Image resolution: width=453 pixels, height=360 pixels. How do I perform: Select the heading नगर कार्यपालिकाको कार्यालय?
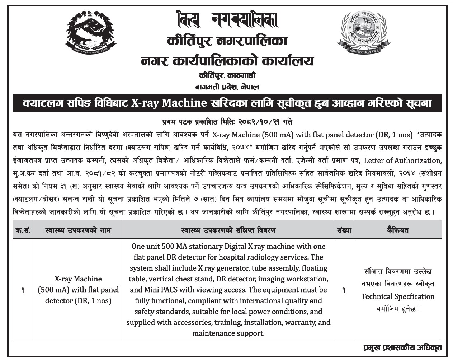pyautogui.click(x=227, y=61)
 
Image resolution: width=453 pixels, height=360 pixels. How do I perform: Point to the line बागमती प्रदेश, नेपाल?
pyautogui.click(x=227, y=87)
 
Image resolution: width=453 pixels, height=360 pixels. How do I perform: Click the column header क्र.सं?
pyautogui.click(x=23, y=230)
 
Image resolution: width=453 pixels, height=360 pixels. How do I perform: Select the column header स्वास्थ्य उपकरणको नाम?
pyautogui.click(x=79, y=230)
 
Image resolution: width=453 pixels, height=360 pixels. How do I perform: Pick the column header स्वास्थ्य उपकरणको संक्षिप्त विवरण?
pyautogui.click(x=228, y=230)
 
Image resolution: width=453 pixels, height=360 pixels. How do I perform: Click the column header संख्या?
pyautogui.click(x=344, y=230)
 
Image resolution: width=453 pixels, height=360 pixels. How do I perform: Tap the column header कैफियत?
pyautogui.click(x=398, y=230)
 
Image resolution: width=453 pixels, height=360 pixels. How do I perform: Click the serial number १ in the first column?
pyautogui.click(x=23, y=290)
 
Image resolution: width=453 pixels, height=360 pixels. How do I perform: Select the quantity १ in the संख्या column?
pyautogui.click(x=344, y=290)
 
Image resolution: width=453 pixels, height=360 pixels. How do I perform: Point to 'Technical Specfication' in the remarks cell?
pyautogui.click(x=398, y=297)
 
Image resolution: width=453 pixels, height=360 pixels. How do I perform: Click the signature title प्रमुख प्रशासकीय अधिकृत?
pyautogui.click(x=402, y=348)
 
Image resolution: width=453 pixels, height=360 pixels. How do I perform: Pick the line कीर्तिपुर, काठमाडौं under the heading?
pyautogui.click(x=227, y=76)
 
